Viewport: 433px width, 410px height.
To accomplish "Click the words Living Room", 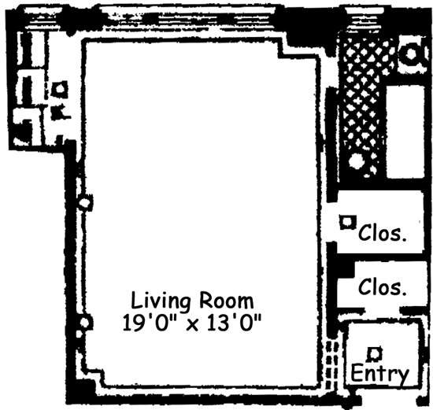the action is pos(192,301).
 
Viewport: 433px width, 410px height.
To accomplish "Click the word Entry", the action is pos(379,373).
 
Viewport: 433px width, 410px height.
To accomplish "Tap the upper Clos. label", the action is pos(383,233).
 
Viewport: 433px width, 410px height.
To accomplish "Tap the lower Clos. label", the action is pos(383,287).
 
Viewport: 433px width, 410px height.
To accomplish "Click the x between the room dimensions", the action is pos(192,325).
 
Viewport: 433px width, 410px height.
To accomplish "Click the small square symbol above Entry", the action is pos(375,354).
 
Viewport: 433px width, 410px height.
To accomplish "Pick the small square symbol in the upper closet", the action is pos(347,222).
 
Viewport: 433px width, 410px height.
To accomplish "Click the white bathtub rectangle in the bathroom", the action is pos(405,131).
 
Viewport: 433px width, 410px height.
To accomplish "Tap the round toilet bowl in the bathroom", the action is pos(412,54).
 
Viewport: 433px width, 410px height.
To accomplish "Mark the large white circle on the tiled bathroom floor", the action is pos(356,161).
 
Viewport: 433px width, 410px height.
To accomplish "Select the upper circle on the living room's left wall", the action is pos(84,203).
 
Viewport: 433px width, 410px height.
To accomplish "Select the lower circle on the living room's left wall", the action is pos(84,323).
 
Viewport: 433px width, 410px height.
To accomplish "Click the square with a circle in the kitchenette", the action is pos(60,89).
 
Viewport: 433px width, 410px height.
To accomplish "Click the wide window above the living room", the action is pos(188,17).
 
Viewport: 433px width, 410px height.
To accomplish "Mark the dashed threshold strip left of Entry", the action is pos(331,364).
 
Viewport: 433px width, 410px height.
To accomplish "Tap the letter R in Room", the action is pos(205,301).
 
